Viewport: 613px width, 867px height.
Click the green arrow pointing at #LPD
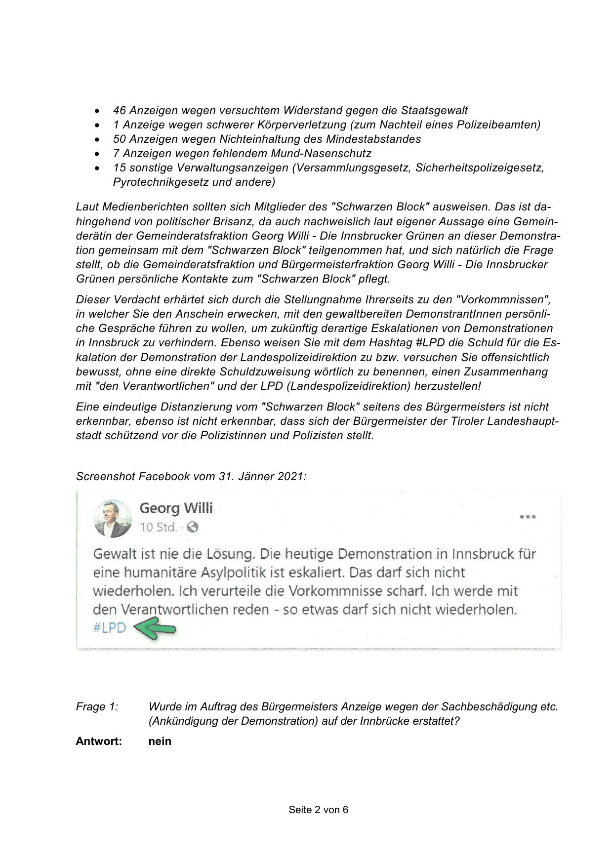click(155, 628)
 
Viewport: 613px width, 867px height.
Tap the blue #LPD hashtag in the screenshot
click(110, 628)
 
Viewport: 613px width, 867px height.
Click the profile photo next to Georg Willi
click(113, 518)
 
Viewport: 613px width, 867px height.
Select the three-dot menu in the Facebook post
click(528, 517)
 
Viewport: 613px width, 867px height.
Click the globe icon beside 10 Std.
click(193, 527)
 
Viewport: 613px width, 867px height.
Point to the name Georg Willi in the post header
click(176, 508)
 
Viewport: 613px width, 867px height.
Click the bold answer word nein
click(160, 741)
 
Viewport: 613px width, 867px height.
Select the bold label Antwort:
click(99, 741)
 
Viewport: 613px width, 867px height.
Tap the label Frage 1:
click(97, 707)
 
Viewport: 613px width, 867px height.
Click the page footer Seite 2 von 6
click(319, 810)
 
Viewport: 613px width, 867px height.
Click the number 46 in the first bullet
click(120, 110)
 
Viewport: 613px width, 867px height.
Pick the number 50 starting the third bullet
click(120, 139)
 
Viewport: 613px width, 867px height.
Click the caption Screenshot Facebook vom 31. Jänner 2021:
click(191, 476)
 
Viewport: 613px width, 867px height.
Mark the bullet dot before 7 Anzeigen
click(99, 154)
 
